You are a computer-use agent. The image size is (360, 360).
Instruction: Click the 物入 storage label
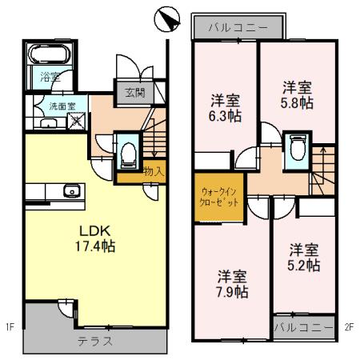(x=154, y=170)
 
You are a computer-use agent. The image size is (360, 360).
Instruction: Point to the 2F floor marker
(x=349, y=326)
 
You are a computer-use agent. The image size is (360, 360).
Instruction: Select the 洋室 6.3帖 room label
(x=226, y=108)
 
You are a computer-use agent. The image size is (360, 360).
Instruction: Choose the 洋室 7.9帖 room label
(x=232, y=283)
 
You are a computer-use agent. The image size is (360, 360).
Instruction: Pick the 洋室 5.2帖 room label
(x=305, y=256)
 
